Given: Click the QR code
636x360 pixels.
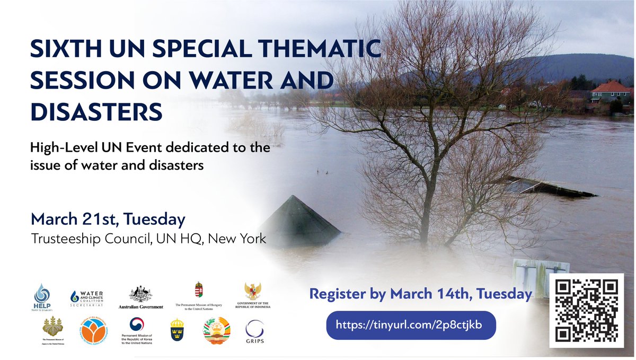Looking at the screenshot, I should tap(587, 310).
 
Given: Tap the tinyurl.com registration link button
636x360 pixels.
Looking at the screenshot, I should tap(411, 325).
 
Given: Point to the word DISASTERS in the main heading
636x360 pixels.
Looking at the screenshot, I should tap(96, 111).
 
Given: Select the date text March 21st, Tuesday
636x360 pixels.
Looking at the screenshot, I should tap(108, 219).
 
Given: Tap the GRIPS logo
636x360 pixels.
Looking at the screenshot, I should tap(255, 332).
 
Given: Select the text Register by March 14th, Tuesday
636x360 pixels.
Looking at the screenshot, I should tap(420, 294).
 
